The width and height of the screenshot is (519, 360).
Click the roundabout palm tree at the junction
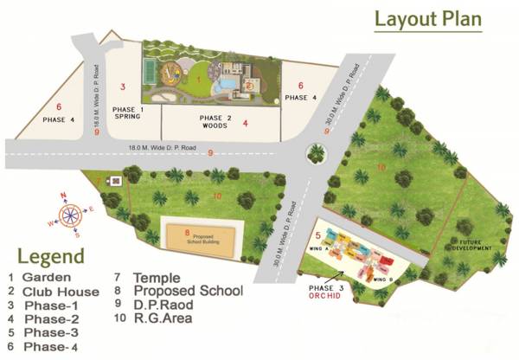pos(317,154)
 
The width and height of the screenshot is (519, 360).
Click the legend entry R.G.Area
pos(162,318)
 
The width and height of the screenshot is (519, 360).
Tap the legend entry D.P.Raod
pos(164,305)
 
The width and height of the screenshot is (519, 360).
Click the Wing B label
pos(382,280)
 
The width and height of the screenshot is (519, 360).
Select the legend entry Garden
pos(46,278)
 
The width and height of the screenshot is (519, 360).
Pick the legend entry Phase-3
pos(50,333)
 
